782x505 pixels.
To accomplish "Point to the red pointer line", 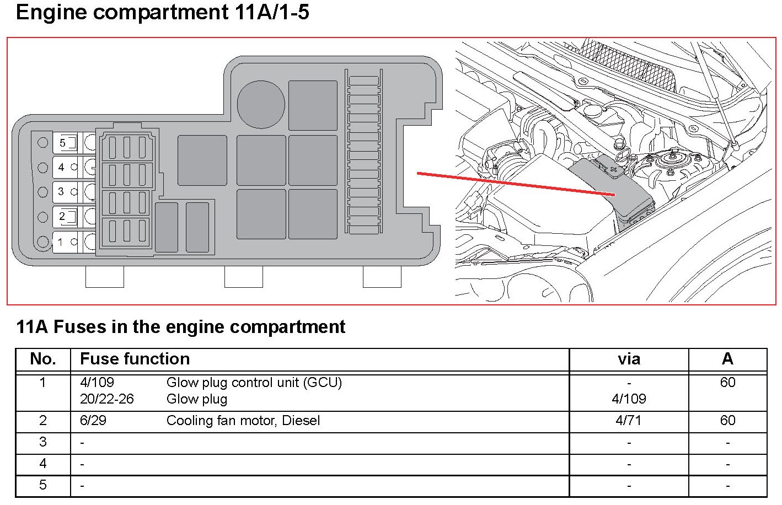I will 516,184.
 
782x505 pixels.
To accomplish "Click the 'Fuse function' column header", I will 135,359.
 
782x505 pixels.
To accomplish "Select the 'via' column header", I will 629,359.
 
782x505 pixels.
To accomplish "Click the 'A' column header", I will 727,359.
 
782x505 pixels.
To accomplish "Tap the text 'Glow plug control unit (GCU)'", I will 254,383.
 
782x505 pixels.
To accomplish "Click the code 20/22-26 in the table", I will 107,399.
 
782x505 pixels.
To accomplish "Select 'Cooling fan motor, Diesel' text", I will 243,421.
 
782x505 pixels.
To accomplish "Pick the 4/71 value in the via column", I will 629,421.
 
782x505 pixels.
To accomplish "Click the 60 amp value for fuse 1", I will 727,383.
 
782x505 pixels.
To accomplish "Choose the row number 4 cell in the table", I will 43,464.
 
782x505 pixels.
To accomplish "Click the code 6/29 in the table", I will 93,421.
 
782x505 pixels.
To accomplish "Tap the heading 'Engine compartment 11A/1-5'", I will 163,12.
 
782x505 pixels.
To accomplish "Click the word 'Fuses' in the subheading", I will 81,327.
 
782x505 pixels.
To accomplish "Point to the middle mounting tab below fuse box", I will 243,277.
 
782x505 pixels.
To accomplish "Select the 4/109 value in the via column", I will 629,399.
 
